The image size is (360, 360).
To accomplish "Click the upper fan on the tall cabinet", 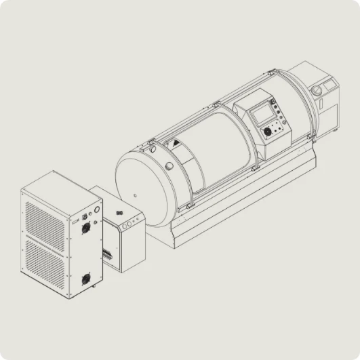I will [x=86, y=229].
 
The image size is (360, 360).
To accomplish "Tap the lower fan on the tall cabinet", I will [x=86, y=278].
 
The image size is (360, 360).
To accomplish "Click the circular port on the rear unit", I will [x=315, y=89].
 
